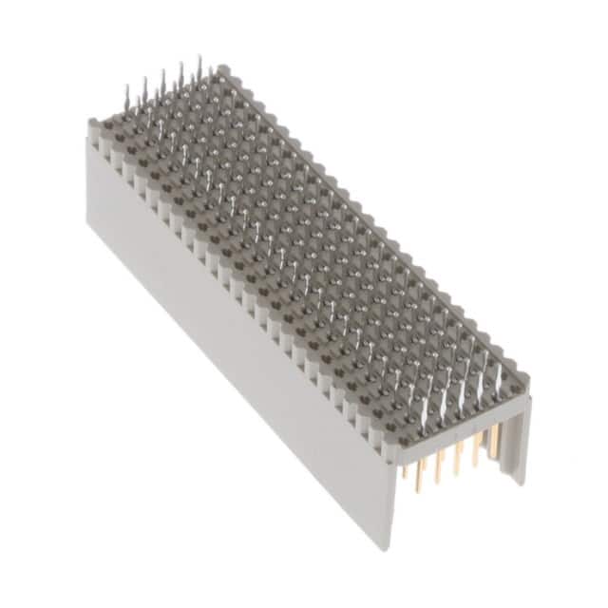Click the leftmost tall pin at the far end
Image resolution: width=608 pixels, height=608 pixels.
click(126, 95)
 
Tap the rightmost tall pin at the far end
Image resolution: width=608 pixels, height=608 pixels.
click(199, 66)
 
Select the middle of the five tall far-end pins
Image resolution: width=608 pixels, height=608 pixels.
click(162, 80)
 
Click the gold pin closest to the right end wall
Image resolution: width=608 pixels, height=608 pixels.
click(492, 446)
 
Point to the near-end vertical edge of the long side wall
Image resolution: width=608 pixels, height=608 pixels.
click(389, 494)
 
